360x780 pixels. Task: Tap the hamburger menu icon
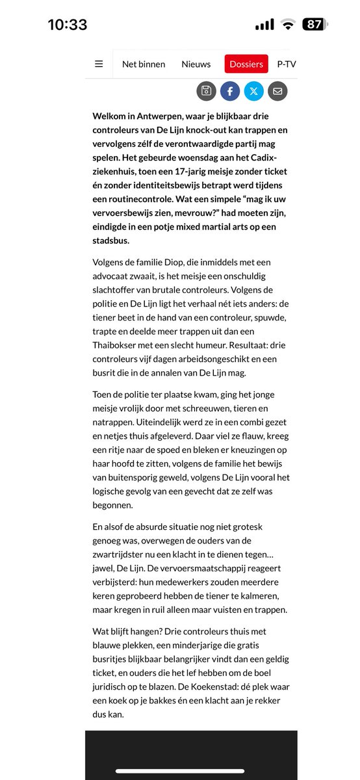[99, 64]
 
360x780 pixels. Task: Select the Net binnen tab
[144, 64]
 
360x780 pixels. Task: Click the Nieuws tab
[196, 64]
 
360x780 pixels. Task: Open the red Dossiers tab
[246, 64]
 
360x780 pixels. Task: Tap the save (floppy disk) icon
[206, 91]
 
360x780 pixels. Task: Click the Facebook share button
[230, 91]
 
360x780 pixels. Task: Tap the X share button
[254, 91]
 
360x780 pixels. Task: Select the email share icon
[277, 91]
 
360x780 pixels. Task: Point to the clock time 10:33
[68, 25]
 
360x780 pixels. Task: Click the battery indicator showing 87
[315, 25]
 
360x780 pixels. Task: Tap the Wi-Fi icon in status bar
[287, 25]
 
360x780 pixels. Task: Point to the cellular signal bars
[264, 25]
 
